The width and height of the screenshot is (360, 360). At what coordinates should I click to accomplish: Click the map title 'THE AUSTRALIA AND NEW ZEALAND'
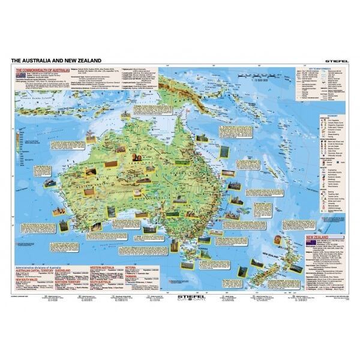click(x=53, y=60)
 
